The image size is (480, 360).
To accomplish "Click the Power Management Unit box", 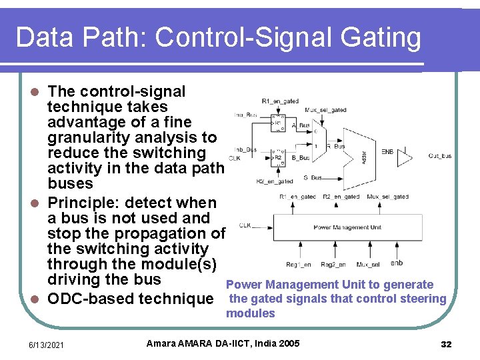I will [x=347, y=228].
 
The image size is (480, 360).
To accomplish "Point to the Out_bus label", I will [x=439, y=156].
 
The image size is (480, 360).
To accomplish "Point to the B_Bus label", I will [x=301, y=159].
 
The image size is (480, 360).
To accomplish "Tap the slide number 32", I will [x=446, y=344].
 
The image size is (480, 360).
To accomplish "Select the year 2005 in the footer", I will [x=288, y=343].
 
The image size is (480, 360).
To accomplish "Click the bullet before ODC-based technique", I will [x=38, y=299].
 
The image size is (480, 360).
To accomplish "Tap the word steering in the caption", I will [x=424, y=298].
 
